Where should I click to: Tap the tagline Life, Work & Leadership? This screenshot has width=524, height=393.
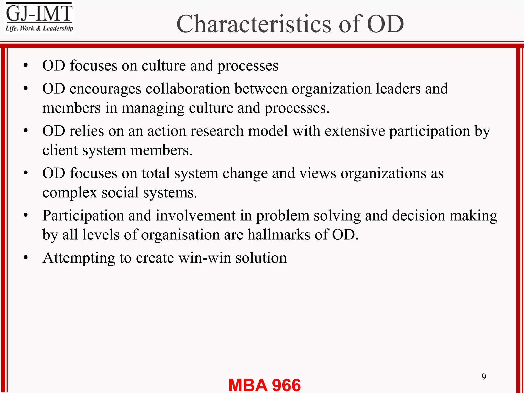point(39,28)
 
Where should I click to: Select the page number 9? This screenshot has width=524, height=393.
point(484,377)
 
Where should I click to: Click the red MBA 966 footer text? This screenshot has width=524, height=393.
point(264,385)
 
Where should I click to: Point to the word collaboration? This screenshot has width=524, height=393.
point(188,89)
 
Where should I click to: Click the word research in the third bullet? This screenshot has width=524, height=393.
point(217,131)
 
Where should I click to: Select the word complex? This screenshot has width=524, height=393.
point(70,193)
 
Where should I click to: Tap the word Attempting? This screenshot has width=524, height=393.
point(79,258)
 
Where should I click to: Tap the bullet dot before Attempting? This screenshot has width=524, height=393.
point(25,258)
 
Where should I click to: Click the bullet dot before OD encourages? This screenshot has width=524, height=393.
point(25,89)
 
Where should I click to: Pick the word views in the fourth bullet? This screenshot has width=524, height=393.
point(318,173)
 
